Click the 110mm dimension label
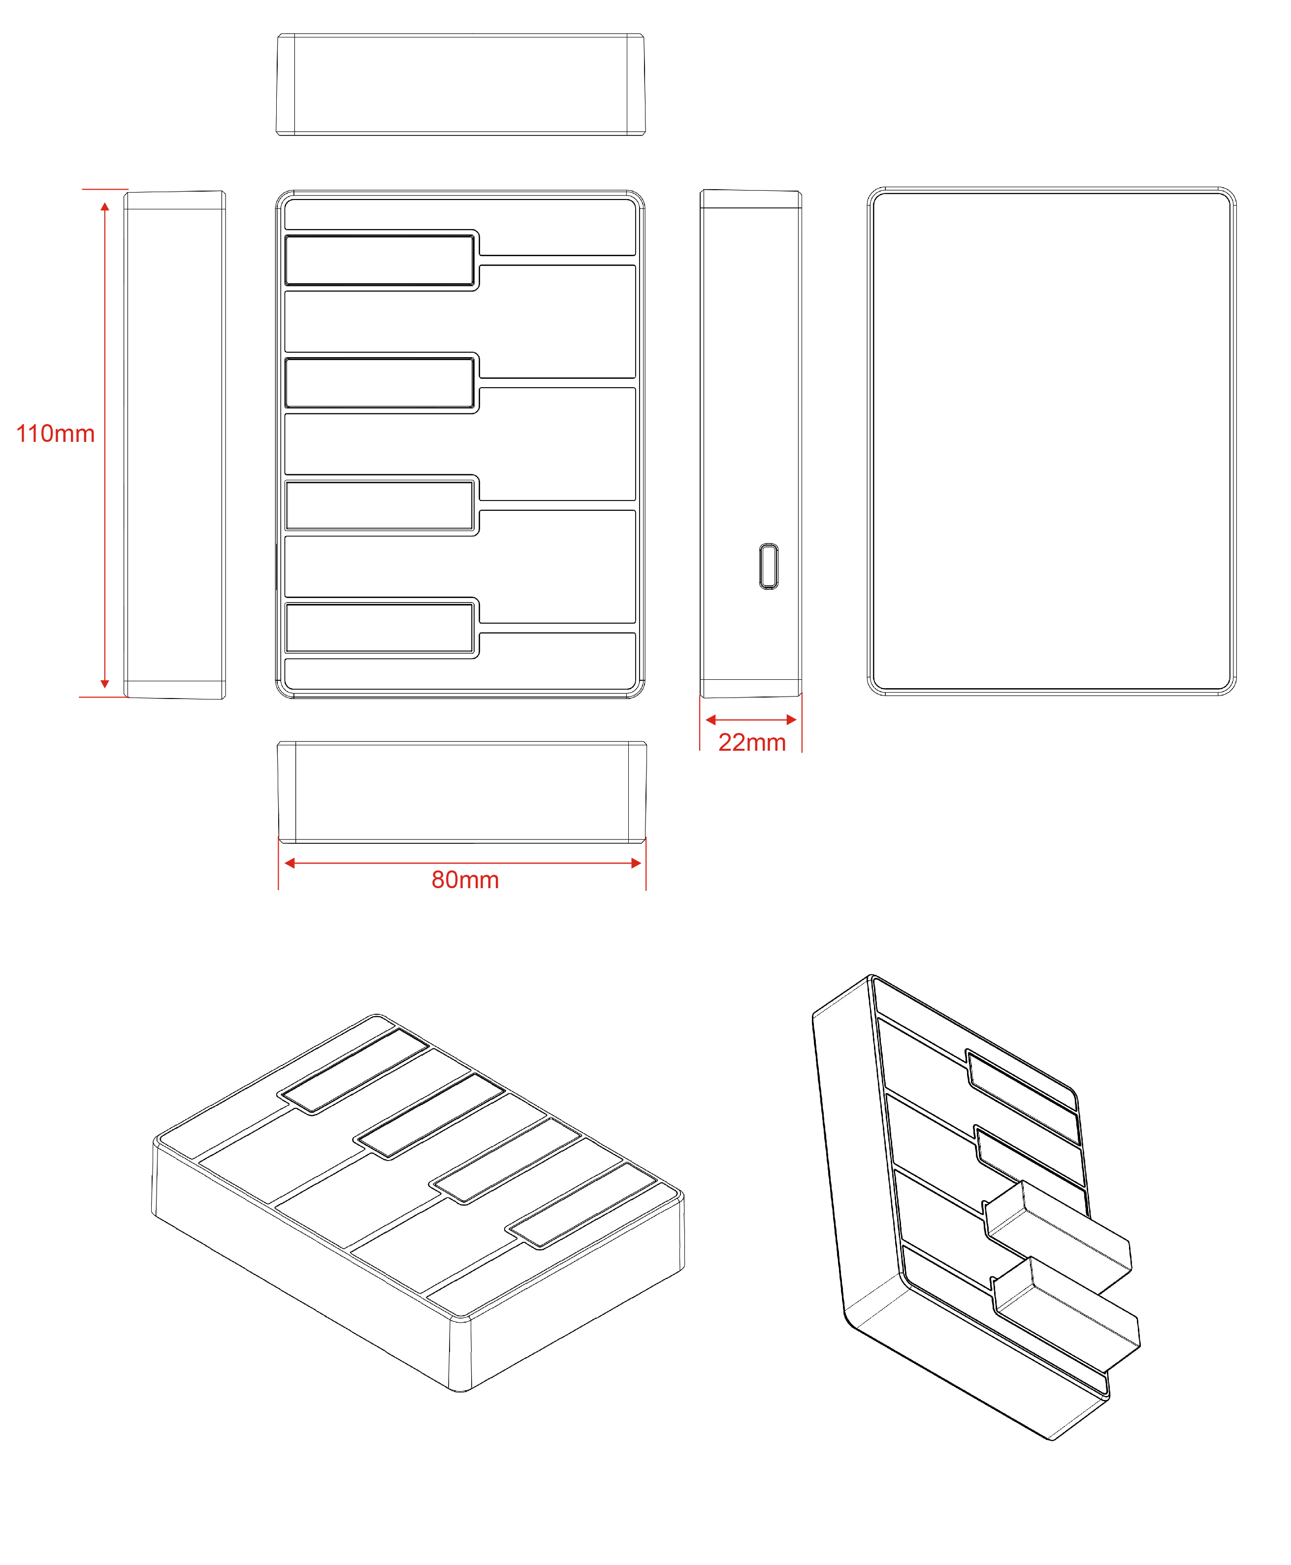[56, 433]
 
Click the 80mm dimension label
[465, 880]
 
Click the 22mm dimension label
[752, 742]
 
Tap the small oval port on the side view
[769, 566]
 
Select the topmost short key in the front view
[379, 260]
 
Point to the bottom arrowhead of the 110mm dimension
[105, 684]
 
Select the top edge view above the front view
[461, 84]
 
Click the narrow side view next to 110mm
[175, 445]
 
